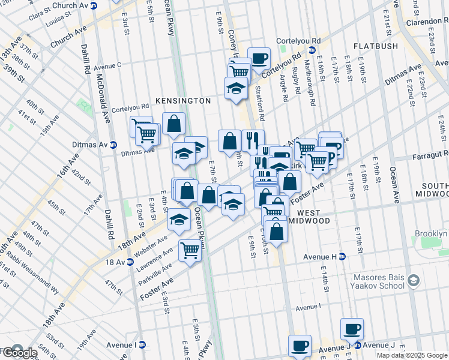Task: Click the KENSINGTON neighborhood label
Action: pos(183,101)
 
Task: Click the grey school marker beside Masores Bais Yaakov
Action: pos(413,280)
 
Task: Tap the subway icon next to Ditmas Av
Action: pos(113,145)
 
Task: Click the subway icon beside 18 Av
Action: pos(130,262)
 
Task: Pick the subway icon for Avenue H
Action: pos(342,256)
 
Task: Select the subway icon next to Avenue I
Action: pos(142,344)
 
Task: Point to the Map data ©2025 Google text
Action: pos(412,355)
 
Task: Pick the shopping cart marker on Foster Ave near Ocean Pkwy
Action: pos(190,248)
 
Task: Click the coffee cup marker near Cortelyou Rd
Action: pos(259,58)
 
